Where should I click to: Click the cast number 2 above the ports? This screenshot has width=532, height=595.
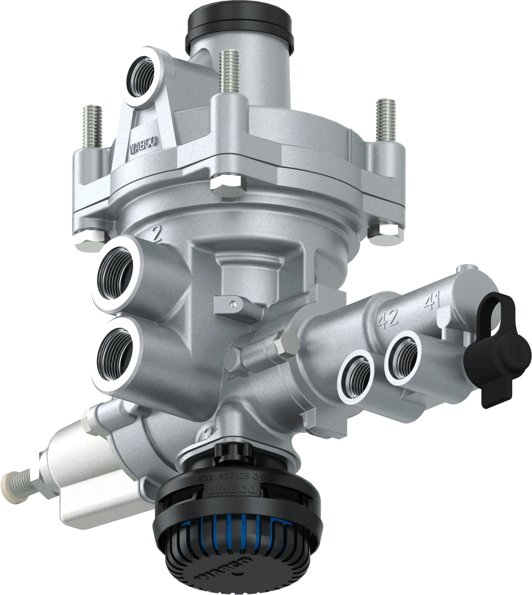tap(157, 234)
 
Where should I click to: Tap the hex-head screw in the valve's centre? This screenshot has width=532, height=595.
tap(284, 342)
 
